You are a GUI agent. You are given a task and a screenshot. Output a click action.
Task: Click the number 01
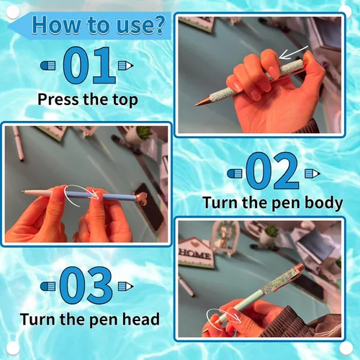coord(89,65)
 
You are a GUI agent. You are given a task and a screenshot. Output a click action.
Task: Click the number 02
coord(273,171)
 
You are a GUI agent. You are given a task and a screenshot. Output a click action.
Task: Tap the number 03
coord(86,285)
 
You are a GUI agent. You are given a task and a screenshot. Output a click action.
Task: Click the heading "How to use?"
coord(99,24)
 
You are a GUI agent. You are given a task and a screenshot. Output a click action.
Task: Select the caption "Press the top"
coord(88,99)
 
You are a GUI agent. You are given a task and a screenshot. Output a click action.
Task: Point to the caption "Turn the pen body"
coord(273,203)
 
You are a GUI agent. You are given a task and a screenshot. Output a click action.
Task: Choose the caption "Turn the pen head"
coord(90,319)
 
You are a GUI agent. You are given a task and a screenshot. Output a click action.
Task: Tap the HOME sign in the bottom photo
coord(196,253)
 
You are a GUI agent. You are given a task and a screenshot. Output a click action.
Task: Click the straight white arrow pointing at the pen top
coord(293,53)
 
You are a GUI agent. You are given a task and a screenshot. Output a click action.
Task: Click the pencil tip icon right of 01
coord(126,66)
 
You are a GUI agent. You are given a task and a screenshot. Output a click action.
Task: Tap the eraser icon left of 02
coord(235,174)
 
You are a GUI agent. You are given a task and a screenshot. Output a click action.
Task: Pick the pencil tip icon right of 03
coord(126,286)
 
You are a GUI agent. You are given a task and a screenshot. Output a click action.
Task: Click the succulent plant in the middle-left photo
coord(143,132)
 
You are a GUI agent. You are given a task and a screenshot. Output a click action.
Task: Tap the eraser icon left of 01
coord(48,66)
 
